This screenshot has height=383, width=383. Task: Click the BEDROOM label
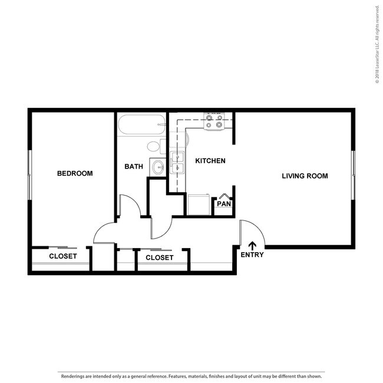(75, 173)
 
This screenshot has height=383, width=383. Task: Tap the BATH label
(134, 167)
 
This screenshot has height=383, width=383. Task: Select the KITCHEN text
(210, 161)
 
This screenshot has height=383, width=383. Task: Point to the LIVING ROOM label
(305, 176)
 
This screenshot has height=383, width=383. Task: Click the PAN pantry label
(223, 204)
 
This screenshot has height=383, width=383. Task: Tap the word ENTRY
(252, 255)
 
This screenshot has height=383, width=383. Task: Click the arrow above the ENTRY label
(253, 245)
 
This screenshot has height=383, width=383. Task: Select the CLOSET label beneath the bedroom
(62, 256)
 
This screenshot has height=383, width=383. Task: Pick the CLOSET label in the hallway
(159, 257)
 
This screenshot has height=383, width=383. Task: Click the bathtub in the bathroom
(141, 125)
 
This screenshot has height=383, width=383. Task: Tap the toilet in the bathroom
(154, 147)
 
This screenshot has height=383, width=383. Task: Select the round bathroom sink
(157, 167)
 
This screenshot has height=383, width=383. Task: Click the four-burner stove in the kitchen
(213, 121)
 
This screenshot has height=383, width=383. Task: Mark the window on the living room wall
(353, 175)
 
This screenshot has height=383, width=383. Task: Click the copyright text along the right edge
(377, 44)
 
